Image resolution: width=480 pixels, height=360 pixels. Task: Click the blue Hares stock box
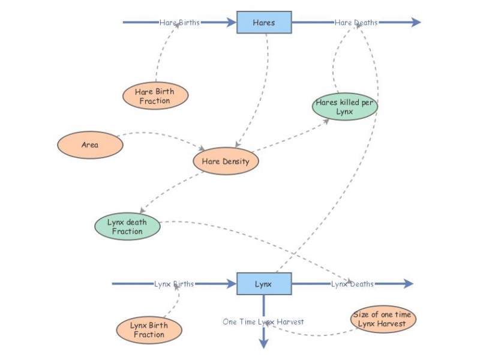pos(264,23)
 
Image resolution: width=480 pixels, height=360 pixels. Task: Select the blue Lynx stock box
pos(264,284)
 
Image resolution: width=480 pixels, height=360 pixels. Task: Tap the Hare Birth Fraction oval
pos(155,96)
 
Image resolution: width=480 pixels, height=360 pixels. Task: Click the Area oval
pos(90,145)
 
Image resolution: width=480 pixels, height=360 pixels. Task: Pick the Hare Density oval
pos(226,161)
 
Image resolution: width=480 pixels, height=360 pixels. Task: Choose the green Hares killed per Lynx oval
pos(345,107)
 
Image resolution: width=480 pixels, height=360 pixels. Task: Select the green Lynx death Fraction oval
pos(127,227)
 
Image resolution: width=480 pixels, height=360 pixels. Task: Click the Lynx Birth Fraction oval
pos(149,330)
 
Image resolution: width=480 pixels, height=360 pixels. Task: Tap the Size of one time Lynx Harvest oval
pos(383,319)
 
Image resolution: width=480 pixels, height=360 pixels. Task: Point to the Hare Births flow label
pos(179,23)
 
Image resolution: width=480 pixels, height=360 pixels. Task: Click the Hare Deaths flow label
pos(356,23)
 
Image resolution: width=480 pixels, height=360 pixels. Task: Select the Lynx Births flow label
pos(174,284)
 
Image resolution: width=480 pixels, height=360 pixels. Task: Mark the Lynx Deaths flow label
pos(352,284)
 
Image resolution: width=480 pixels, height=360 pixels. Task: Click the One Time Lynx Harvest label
pos(263,322)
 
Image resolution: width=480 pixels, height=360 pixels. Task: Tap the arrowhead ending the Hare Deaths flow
pos(416,23)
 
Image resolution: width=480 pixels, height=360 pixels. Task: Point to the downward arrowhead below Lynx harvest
pos(263,343)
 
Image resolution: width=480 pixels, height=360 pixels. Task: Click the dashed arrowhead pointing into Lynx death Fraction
pos(142,210)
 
